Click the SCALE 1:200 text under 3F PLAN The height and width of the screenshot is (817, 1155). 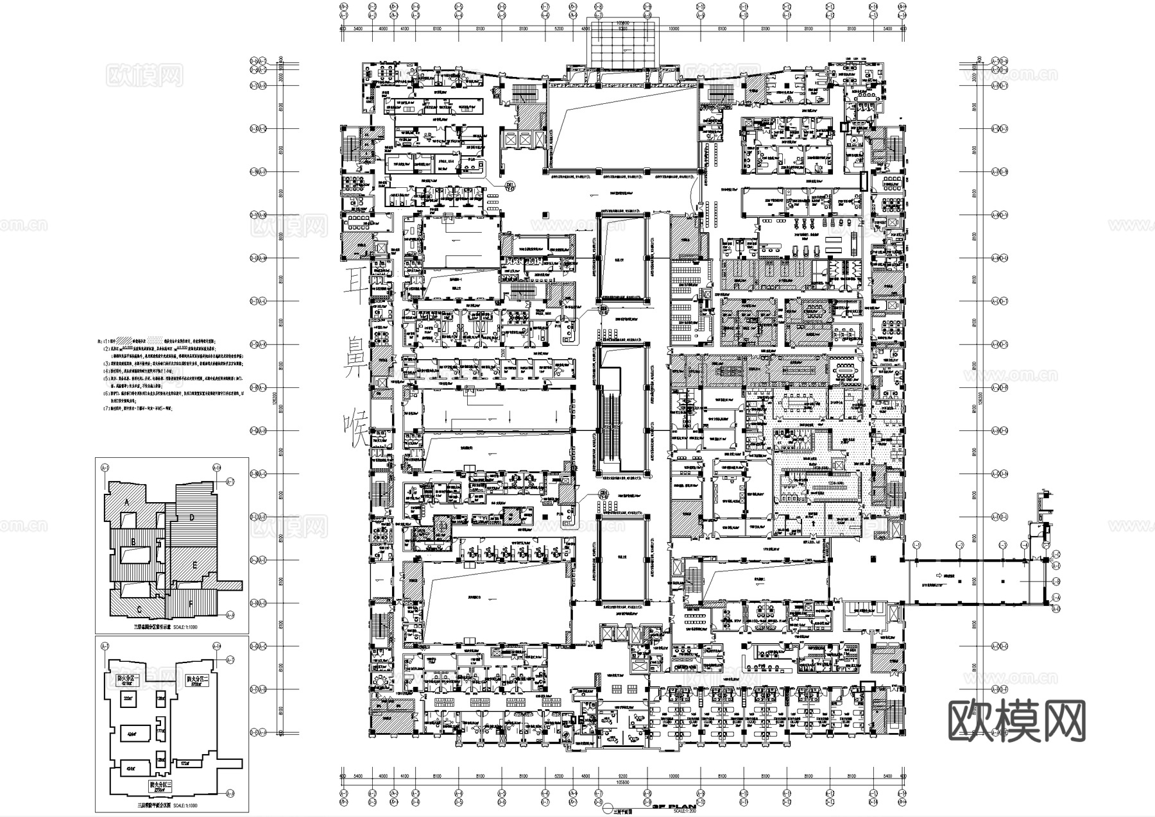672,813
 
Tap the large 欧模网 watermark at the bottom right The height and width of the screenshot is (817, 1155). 1016,721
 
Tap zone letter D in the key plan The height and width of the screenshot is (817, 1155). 191,517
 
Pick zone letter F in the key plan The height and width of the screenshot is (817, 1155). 191,603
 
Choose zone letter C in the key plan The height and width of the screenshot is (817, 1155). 139,609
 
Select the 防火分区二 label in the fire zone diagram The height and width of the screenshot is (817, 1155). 199,678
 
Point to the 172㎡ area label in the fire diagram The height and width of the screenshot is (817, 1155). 185,764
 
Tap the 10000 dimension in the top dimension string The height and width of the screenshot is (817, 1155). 674,29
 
